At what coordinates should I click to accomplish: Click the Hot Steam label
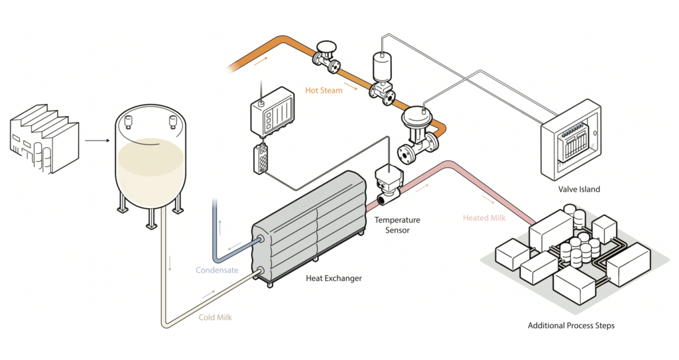[324, 90]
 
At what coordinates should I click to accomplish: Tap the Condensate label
[216, 270]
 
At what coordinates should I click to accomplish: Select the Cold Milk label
[216, 317]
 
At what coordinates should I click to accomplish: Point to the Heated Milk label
[485, 218]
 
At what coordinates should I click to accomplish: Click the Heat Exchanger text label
[334, 278]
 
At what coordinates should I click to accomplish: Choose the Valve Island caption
[579, 189]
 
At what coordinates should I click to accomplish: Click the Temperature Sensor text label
[397, 225]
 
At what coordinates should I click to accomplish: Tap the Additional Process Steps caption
[571, 326]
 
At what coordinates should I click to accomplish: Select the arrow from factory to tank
[97, 141]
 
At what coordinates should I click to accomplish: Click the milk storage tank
[151, 159]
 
